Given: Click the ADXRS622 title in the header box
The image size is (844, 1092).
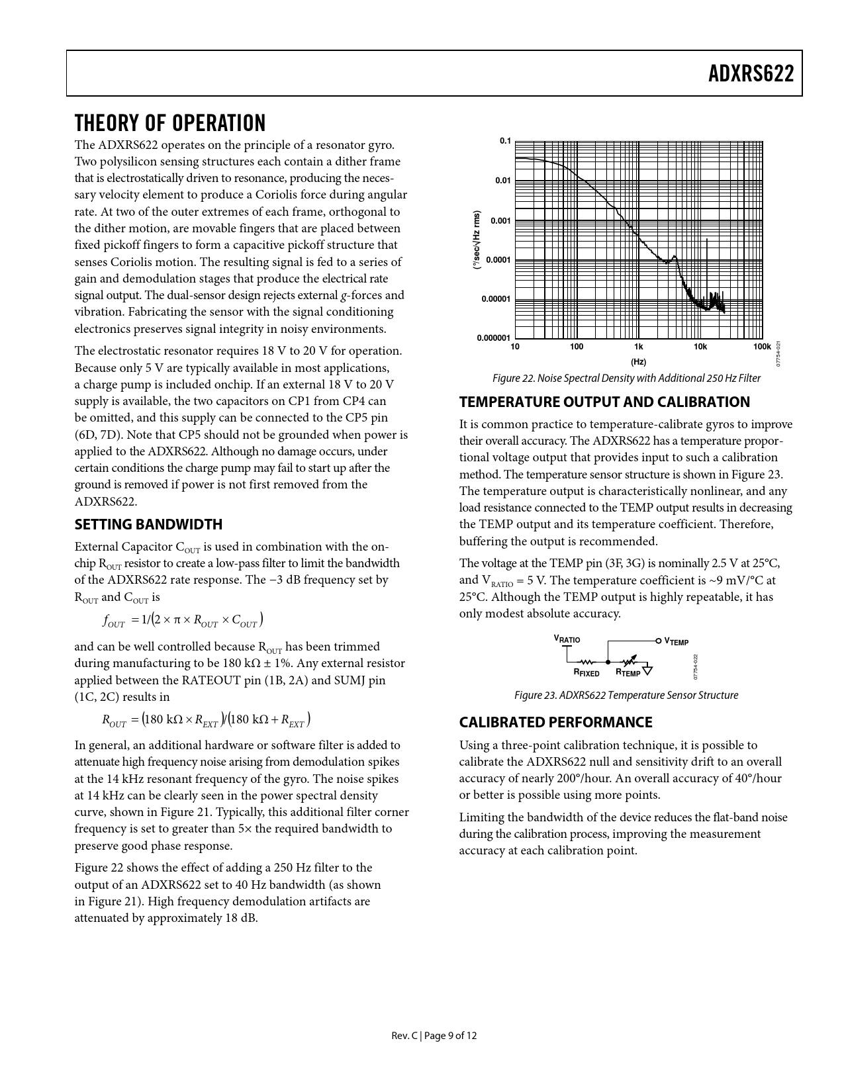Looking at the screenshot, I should point(751,73).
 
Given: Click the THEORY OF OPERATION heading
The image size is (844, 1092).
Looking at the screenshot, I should point(170,123).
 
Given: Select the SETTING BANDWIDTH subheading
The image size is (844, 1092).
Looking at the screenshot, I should point(148,524).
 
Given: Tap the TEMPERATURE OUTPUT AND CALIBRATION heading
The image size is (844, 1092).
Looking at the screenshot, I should point(604,402).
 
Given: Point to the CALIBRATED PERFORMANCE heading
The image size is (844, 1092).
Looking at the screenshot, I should point(555,722).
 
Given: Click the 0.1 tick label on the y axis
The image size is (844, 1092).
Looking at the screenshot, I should point(505,141).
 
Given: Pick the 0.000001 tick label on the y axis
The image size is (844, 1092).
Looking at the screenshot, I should point(494,338).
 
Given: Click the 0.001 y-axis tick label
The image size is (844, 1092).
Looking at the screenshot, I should point(501,220).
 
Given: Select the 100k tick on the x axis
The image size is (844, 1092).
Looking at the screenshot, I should point(762,347).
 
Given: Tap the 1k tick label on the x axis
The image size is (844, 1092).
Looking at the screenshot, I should point(638,347).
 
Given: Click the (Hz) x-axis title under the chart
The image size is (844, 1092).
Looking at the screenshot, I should point(638,362).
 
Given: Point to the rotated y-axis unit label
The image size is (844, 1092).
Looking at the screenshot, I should point(476,240).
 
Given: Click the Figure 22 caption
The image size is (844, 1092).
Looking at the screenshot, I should point(626,379).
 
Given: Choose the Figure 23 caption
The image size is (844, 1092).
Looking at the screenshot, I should point(626,695).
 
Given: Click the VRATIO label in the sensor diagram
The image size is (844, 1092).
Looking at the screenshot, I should point(567,639).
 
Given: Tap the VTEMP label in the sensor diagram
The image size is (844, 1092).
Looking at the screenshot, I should point(676,641).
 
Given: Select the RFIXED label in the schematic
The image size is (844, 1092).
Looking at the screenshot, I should point(586,673).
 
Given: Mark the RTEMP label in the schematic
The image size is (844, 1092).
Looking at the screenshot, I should point(628,673).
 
